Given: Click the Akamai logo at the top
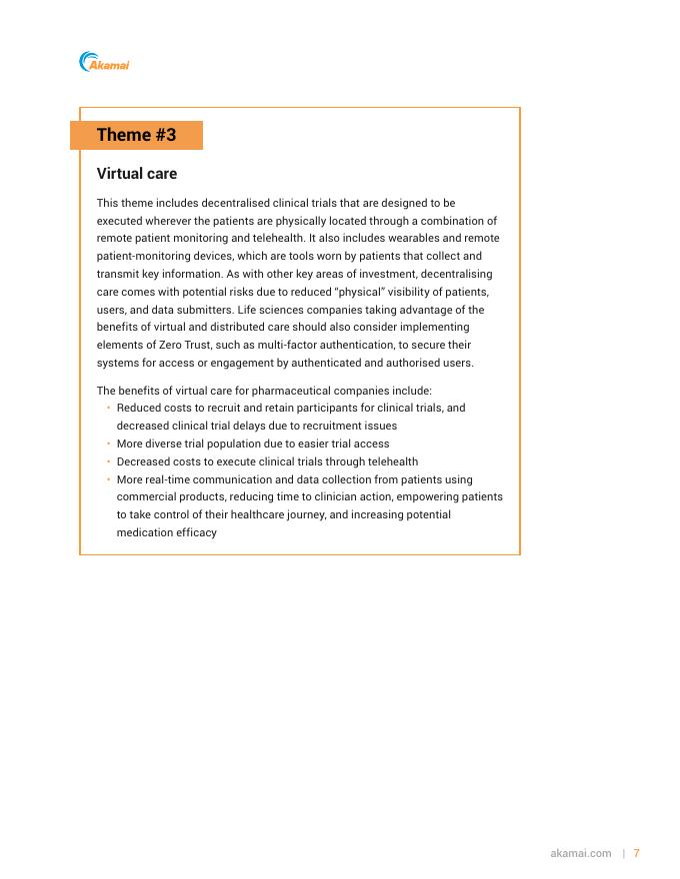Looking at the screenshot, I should point(104,63).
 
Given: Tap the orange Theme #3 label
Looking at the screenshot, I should point(136,136).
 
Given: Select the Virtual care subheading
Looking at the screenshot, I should point(136,174).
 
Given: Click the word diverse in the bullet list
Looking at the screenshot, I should point(167,443).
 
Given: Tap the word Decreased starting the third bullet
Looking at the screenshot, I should point(144,461).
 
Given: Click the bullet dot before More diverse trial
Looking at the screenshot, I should point(108,443).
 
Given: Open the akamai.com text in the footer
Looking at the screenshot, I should point(580,853).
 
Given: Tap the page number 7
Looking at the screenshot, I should point(636,853).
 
